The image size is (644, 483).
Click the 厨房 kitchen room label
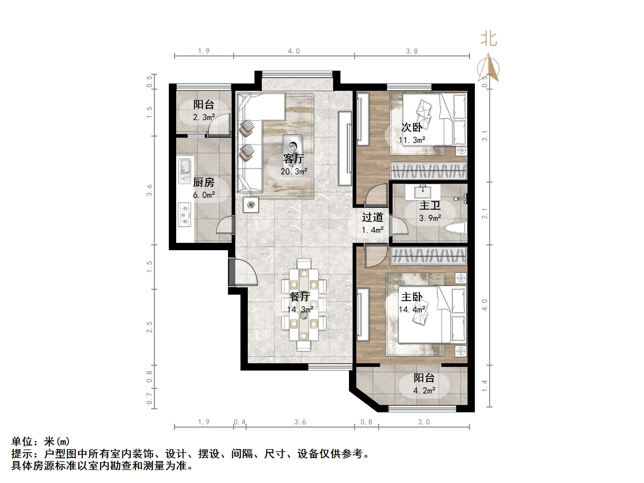coord(204,182)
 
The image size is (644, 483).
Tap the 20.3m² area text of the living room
coord(294,172)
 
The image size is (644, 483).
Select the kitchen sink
coord(184,171)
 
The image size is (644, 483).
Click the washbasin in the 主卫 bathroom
coord(423,192)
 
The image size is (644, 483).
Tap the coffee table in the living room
coord(293,147)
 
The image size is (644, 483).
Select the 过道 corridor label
coord(372,217)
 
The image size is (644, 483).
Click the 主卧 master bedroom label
coord(412,297)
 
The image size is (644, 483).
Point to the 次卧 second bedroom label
coord(412,127)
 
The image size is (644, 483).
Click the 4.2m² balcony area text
coord(424,390)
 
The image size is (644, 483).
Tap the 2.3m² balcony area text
coord(204,117)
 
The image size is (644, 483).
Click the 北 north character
coord(489,39)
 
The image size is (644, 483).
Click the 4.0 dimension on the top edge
coord(294,51)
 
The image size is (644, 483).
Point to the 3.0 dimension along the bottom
coord(424,422)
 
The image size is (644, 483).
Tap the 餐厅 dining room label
coord(300,297)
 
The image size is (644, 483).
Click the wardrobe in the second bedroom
coord(429,171)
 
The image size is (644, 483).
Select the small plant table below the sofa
coord(251,204)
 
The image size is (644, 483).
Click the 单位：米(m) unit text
coord(41,441)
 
